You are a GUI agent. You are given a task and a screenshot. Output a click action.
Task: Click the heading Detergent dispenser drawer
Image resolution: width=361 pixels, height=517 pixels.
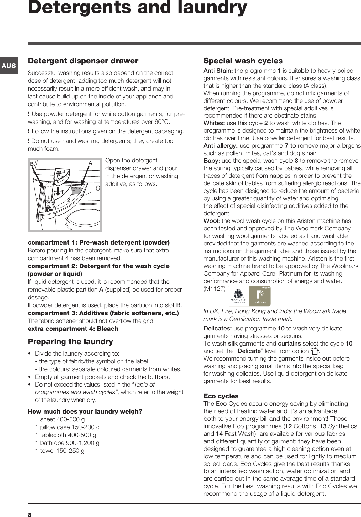83,61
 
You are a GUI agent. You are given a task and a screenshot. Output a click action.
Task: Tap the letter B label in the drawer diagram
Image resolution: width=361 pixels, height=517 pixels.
32,164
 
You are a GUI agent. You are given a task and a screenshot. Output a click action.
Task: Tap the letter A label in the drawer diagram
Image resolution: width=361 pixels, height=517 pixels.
90,163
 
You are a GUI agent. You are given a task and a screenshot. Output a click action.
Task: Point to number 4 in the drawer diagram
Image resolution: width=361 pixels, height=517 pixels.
63,172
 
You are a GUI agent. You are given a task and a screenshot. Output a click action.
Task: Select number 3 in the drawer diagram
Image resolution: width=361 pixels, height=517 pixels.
48,202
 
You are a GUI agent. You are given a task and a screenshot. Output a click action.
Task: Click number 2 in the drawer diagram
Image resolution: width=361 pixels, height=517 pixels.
68,200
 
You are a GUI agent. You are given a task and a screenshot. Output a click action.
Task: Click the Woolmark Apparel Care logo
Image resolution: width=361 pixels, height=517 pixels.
238,296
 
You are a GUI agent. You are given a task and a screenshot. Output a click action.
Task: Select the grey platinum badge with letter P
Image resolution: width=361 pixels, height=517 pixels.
260,296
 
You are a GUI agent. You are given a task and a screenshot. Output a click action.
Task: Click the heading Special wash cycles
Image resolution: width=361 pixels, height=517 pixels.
243,61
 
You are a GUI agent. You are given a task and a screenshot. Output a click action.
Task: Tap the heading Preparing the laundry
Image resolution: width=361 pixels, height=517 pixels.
71,341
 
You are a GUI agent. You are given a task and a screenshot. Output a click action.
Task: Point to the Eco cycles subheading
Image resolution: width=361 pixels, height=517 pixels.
221,396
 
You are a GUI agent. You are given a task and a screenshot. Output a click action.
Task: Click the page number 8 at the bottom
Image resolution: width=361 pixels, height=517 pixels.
30,512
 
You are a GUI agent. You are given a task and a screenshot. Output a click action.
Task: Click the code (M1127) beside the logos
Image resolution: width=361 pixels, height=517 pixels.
214,288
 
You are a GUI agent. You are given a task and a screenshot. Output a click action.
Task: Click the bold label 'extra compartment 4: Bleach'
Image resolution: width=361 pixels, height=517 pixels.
73,329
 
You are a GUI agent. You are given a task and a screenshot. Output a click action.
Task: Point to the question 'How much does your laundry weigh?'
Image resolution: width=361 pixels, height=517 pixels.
85,411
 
